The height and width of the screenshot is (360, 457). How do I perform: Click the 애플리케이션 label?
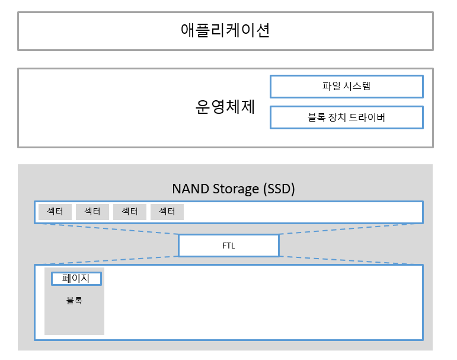(x=225, y=30)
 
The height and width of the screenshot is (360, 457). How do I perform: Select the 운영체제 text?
(x=225, y=107)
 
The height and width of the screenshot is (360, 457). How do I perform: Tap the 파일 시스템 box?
(x=346, y=86)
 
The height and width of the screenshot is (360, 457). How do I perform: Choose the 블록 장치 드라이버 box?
(x=346, y=117)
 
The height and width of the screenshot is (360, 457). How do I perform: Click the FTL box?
(x=228, y=246)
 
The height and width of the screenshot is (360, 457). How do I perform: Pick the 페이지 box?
(x=76, y=278)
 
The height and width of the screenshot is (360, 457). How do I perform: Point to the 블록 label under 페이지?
(x=74, y=301)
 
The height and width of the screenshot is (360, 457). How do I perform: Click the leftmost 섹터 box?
(x=55, y=212)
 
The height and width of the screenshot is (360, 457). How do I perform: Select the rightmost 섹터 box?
(x=167, y=212)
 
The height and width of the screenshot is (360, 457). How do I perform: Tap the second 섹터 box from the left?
(x=92, y=212)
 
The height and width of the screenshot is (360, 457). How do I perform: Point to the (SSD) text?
(x=277, y=189)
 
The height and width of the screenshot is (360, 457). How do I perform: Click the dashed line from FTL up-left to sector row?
(x=107, y=228)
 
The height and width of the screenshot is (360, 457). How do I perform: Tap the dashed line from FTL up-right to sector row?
(x=350, y=228)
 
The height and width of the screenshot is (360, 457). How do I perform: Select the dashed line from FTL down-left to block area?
(x=107, y=260)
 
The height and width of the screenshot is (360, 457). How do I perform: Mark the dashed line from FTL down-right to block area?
(x=350, y=260)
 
